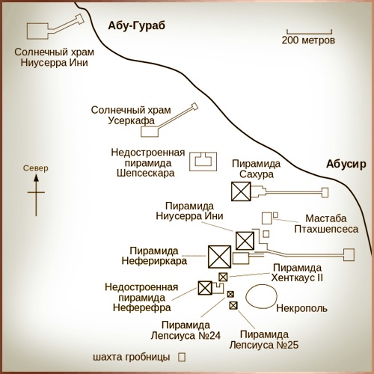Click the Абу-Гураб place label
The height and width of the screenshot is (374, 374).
[x=136, y=26]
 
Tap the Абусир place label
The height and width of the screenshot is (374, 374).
[x=346, y=165]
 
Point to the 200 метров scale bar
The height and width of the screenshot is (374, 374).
[x=309, y=32]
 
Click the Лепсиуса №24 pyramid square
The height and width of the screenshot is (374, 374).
[x=230, y=294]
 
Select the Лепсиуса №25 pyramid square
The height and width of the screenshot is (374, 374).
[x=233, y=305]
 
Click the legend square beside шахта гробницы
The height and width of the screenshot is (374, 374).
[x=182, y=357]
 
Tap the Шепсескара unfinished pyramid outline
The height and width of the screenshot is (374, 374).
[x=203, y=153]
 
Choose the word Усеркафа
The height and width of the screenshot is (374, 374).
[x=131, y=120]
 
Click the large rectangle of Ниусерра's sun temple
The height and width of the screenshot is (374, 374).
[x=37, y=24]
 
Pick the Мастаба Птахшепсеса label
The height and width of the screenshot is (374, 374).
[x=326, y=224]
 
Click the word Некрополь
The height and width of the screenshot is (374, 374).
[x=301, y=308]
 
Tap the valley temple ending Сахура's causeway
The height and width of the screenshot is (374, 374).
[x=325, y=192]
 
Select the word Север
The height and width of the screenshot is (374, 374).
[x=36, y=168]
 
